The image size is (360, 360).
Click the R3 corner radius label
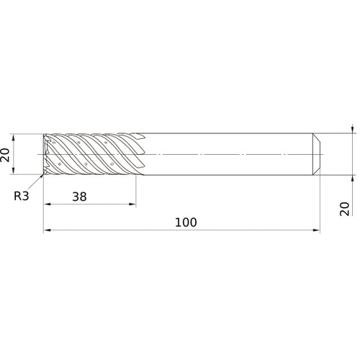pos(22,196)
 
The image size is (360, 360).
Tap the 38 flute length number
pos(79,197)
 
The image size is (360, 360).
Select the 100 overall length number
pos(186,222)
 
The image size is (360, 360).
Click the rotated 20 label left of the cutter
pos(5,155)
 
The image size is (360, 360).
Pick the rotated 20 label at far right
pos(345,209)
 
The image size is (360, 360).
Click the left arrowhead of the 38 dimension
pos(48,204)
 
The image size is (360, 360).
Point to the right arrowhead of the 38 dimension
pos(132,204)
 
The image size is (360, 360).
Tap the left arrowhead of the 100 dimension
pos(47,230)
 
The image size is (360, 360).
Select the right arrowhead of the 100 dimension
pos(316,230)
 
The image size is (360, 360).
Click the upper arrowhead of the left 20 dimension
pos(13,138)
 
